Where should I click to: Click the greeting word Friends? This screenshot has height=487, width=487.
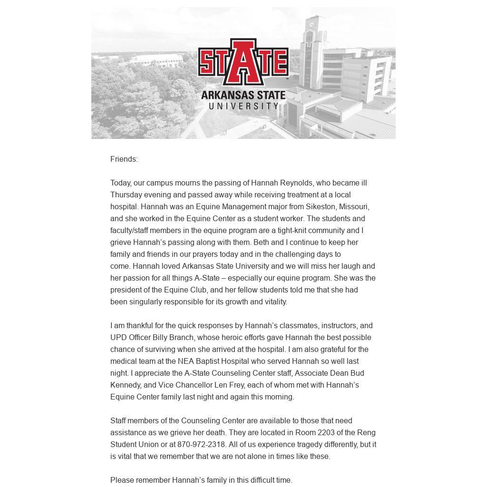(124, 159)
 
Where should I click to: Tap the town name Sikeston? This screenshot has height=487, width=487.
(320, 207)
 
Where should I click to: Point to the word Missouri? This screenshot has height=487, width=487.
(354, 207)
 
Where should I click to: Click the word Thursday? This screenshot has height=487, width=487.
(126, 195)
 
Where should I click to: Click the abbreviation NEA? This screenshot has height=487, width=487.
(186, 361)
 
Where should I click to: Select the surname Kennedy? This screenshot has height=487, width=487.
(126, 385)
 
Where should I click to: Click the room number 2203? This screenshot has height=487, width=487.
(306, 433)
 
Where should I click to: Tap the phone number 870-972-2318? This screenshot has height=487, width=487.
(201, 445)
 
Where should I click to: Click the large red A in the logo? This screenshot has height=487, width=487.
(243, 62)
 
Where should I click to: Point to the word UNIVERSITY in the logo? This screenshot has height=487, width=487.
(243, 106)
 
